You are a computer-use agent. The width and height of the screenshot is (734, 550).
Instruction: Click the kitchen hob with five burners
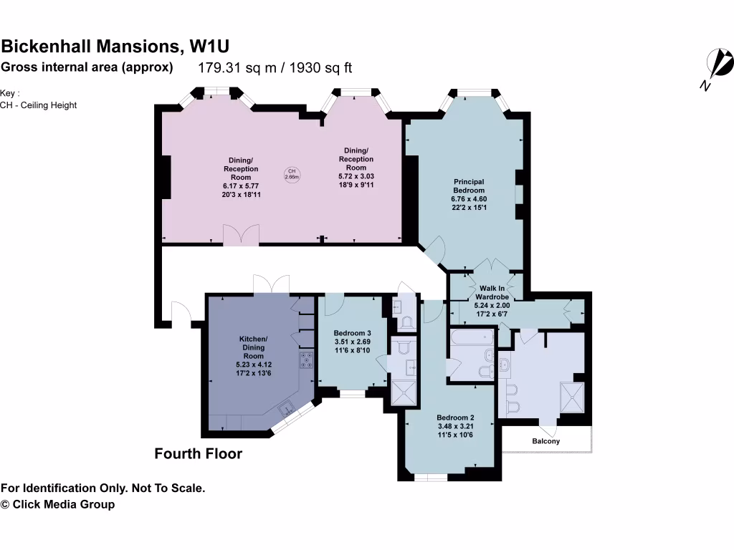(307, 360)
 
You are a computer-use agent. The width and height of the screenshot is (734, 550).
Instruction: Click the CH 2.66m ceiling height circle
(292, 174)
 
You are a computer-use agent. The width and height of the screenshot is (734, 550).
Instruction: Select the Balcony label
(545, 441)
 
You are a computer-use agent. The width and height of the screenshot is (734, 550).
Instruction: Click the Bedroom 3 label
(353, 333)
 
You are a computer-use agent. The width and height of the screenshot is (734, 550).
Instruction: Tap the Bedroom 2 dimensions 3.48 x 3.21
(454, 427)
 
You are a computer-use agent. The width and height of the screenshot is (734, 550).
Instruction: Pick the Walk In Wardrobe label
(492, 292)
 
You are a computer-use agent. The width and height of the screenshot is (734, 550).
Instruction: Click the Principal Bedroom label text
(469, 185)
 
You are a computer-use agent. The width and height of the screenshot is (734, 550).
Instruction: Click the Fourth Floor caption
(199, 453)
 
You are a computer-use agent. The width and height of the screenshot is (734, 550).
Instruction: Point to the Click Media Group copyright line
(57, 504)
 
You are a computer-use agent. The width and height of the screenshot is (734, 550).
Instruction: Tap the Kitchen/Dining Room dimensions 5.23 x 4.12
(253, 365)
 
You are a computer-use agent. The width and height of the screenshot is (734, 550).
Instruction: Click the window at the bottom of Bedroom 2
(432, 477)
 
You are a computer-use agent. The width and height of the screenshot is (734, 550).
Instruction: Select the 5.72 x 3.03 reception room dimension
(356, 176)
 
